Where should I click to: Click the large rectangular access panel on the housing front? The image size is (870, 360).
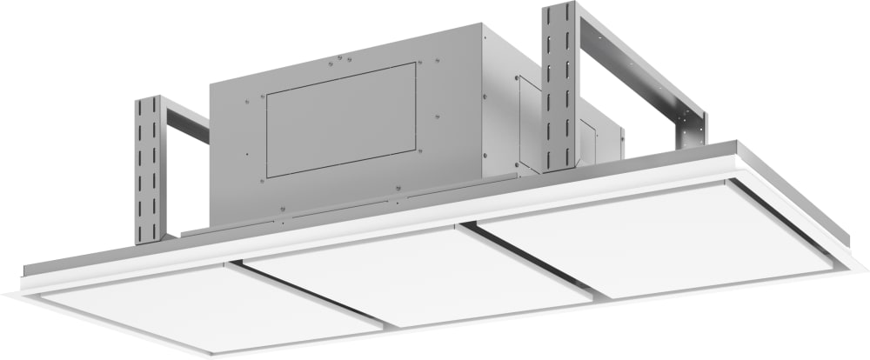coord(340,120)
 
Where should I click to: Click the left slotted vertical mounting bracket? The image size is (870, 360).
coord(148,170)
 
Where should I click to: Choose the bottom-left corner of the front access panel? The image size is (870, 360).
coord(267,177)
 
